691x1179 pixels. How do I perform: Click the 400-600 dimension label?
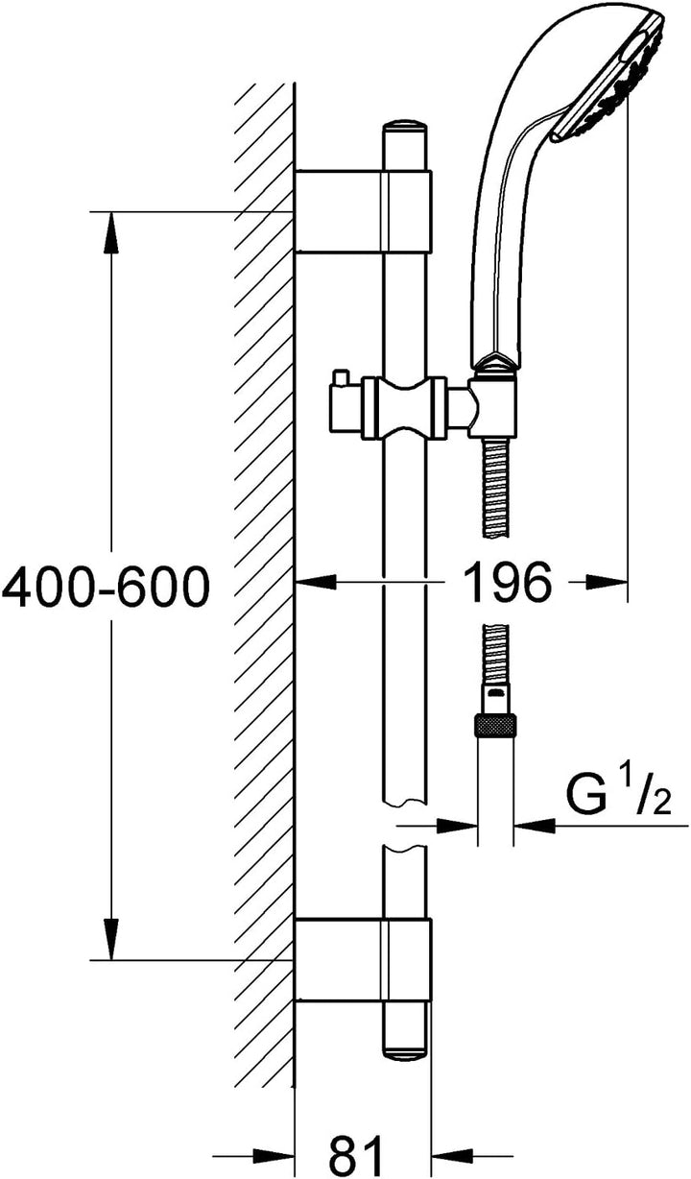tap(106, 586)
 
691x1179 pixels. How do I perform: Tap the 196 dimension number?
tap(511, 582)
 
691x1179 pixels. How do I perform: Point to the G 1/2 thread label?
tap(618, 799)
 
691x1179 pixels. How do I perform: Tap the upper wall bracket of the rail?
tap(363, 211)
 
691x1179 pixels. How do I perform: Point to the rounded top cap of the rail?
tap(405, 128)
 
